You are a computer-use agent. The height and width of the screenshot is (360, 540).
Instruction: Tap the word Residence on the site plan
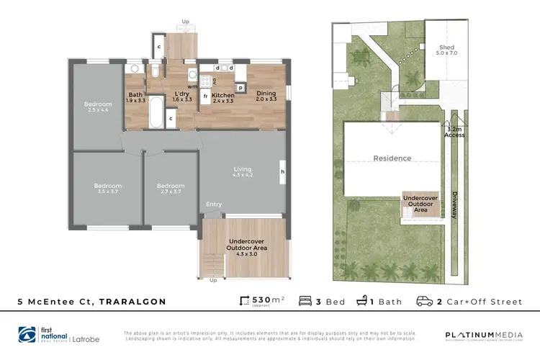392,158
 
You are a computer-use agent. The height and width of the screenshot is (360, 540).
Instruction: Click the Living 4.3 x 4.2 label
242,172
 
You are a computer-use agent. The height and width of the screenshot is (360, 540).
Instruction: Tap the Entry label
214,204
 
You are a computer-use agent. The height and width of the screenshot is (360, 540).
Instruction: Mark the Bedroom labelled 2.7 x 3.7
171,189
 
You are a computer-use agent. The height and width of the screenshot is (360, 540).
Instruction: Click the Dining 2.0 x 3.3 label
266,97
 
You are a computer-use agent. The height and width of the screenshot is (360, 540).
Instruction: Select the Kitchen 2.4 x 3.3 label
223,97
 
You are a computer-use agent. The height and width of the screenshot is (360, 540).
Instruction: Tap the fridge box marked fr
205,96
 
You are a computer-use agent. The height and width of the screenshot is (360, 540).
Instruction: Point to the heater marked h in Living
282,171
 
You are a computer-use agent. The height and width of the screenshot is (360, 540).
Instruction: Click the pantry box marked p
240,86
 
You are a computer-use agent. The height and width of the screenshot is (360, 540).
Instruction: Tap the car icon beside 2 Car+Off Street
426,302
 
